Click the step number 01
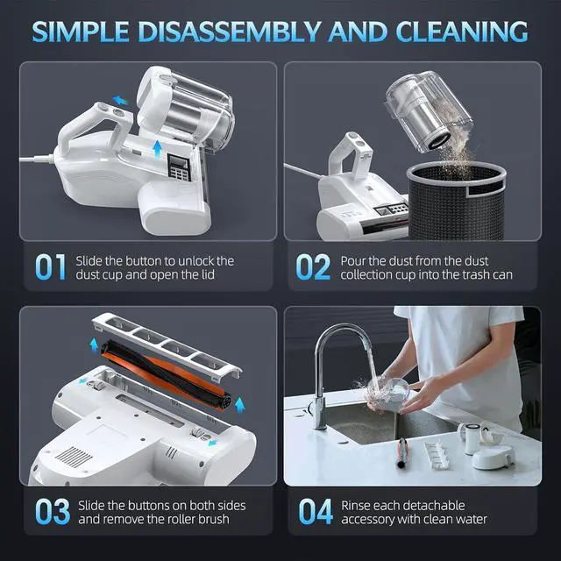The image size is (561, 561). click(x=52, y=267)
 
